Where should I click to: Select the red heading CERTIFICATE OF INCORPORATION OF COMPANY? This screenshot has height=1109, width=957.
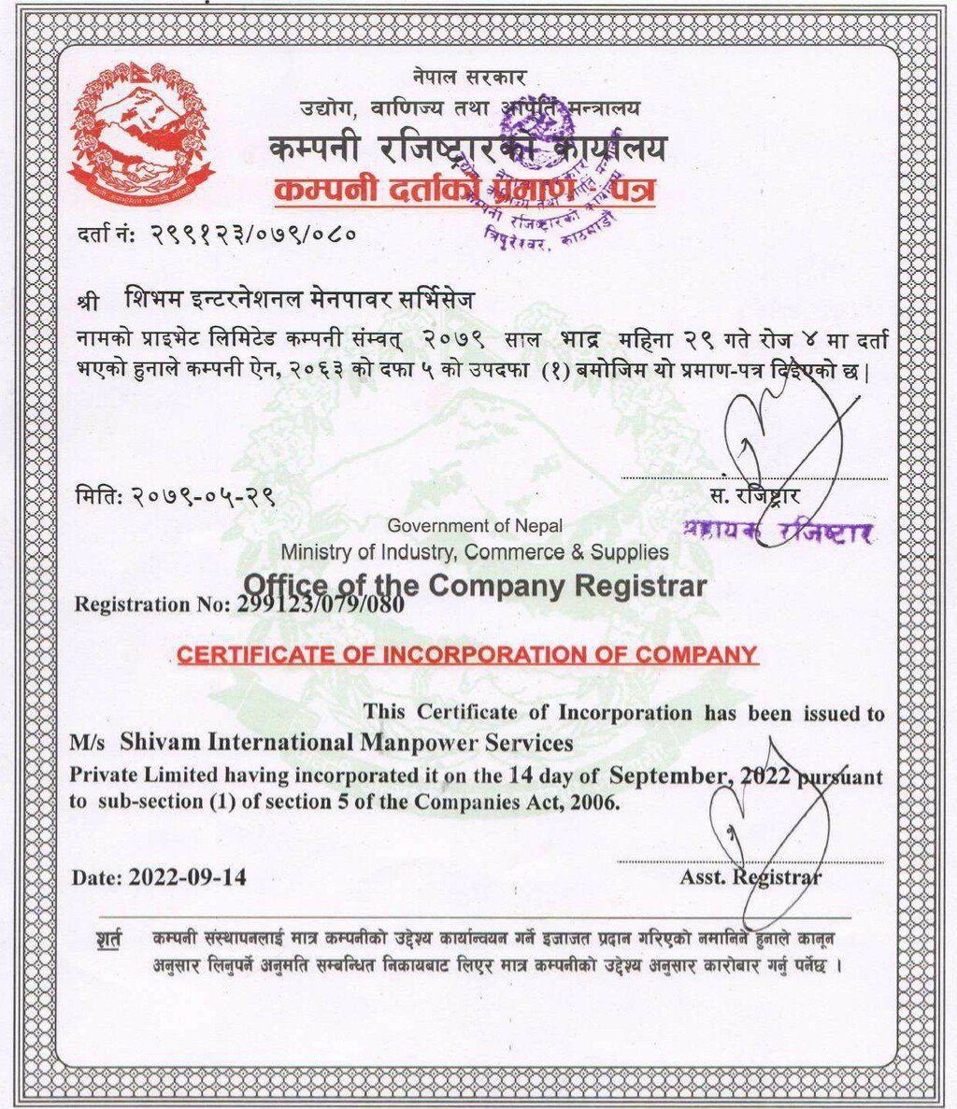[x=467, y=655]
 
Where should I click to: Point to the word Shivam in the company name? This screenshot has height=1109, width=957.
[x=159, y=744]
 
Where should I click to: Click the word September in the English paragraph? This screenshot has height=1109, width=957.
[x=668, y=775]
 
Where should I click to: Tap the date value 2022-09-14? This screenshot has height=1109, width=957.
[x=189, y=878]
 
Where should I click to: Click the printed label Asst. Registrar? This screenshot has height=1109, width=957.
[x=751, y=877]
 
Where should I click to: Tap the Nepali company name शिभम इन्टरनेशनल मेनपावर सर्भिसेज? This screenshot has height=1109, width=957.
[x=300, y=301]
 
